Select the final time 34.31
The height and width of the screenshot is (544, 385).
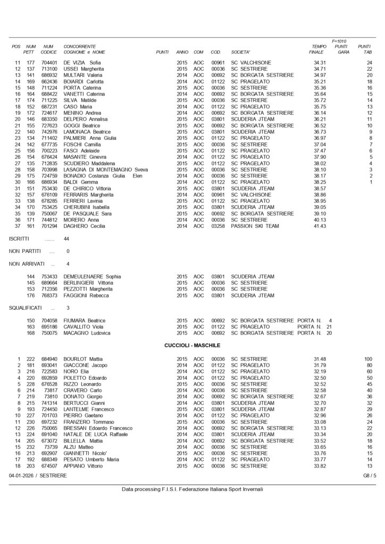tap(320, 63)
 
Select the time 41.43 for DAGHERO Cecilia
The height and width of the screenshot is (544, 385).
tap(320, 226)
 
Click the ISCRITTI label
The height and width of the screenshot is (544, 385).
tap(20, 239)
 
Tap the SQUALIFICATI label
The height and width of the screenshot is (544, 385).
tap(26, 308)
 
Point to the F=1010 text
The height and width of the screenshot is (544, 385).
tap(339, 41)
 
